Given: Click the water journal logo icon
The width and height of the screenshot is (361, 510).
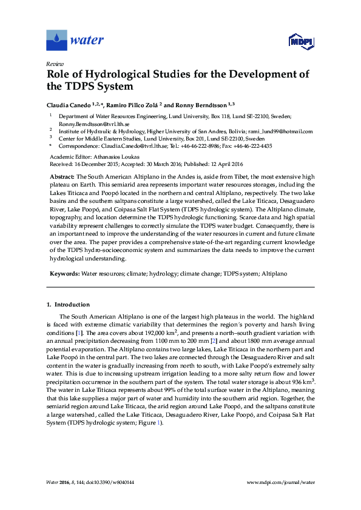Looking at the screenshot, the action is click(x=56, y=41).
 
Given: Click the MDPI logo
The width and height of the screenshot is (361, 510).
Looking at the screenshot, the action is click(x=300, y=41).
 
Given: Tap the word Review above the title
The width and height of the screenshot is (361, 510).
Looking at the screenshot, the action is click(x=54, y=64).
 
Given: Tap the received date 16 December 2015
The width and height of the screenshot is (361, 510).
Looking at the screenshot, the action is click(x=96, y=164).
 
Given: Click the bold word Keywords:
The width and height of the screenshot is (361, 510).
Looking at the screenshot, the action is click(x=63, y=274).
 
